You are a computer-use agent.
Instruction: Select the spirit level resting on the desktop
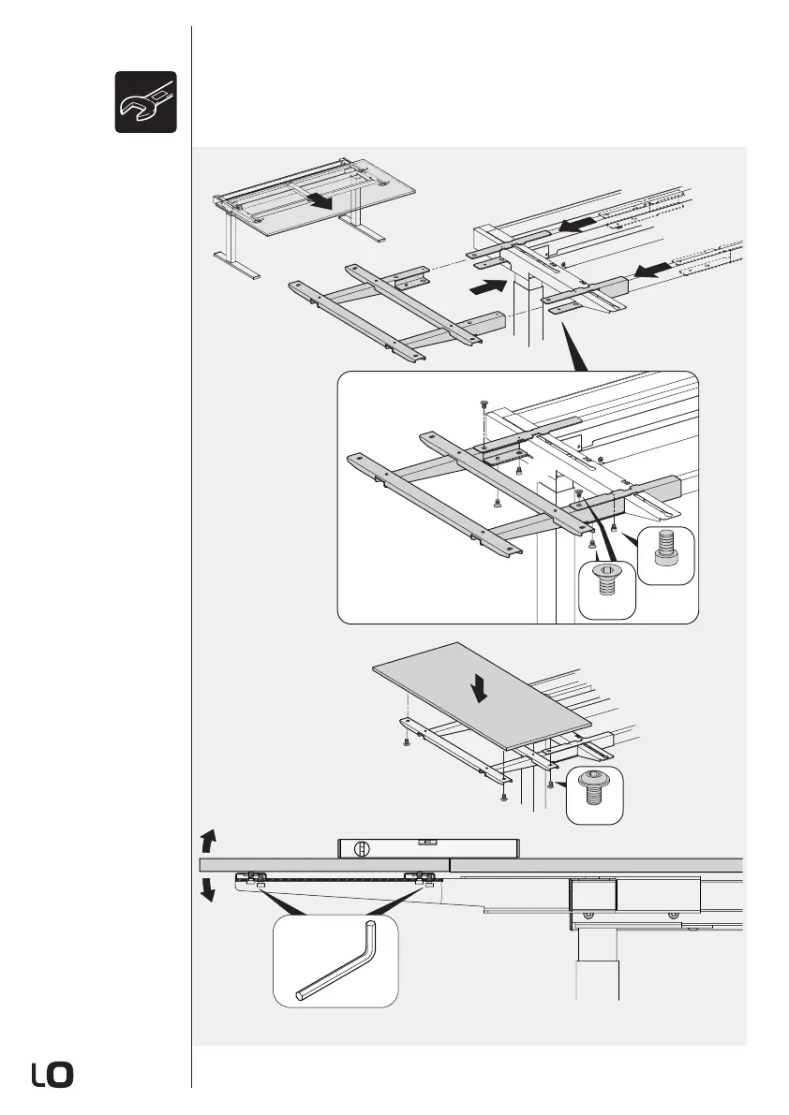(426, 848)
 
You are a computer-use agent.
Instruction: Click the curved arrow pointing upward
(210, 837)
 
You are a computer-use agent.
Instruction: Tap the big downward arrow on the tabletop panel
(481, 691)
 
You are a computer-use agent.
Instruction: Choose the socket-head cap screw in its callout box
(667, 553)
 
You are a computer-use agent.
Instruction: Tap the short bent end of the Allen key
(370, 936)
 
